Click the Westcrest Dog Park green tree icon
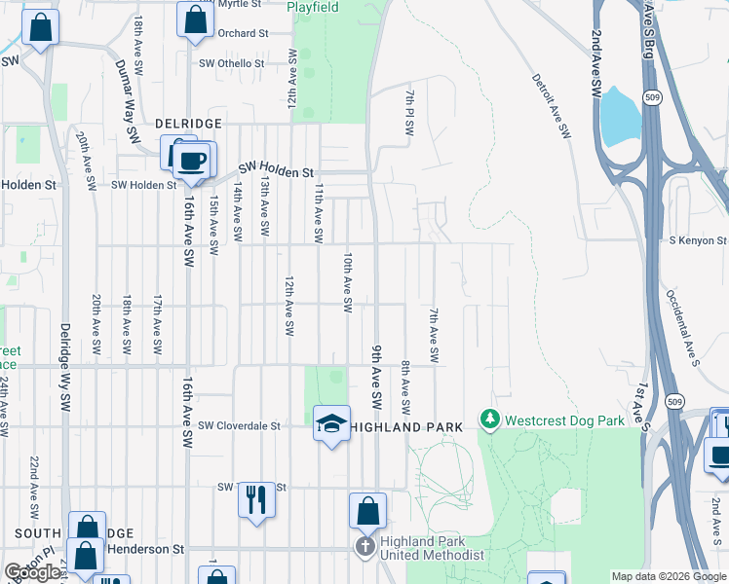coord(490,420)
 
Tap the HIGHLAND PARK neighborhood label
coord(404,427)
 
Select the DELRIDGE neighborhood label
coord(188,125)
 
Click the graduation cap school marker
coord(331,424)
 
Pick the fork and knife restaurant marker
coord(256,498)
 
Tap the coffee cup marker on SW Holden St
coord(192,161)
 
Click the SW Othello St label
coord(231,63)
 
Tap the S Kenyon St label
coord(698,240)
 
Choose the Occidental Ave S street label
coord(682,327)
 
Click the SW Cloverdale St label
coord(239,426)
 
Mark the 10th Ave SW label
coord(347,282)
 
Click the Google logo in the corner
coord(32,573)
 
